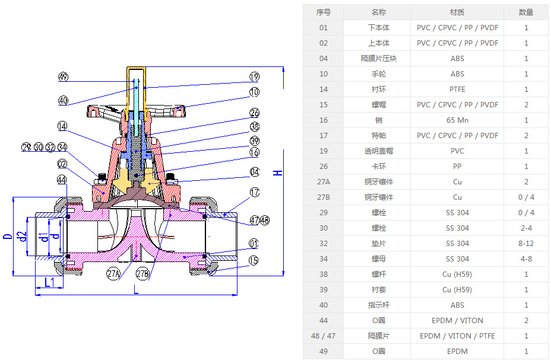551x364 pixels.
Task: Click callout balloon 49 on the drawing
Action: point(64,77)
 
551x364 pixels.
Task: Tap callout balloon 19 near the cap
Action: point(254,77)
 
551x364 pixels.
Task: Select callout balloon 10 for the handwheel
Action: point(254,92)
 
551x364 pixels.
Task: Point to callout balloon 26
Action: point(254,113)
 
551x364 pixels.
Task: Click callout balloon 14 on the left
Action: point(64,126)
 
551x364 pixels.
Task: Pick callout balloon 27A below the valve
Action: point(113,274)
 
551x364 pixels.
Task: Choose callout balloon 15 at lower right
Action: point(254,260)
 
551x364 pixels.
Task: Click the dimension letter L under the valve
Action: point(136,289)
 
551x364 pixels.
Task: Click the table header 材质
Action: point(457,12)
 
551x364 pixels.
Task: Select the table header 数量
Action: point(526,12)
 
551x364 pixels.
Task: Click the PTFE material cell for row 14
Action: point(457,90)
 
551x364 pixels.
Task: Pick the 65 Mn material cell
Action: point(457,120)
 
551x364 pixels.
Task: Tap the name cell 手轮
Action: point(378,74)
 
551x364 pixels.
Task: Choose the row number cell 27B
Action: point(323,197)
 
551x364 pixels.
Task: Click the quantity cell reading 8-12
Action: point(526,244)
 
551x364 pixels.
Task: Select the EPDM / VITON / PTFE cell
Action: point(457,336)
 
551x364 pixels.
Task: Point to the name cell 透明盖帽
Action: point(378,151)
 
